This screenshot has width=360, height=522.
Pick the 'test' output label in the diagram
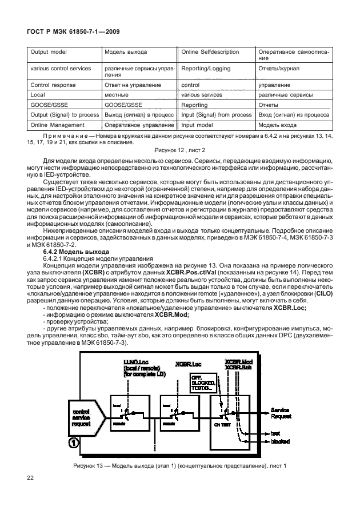(x=275, y=433)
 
